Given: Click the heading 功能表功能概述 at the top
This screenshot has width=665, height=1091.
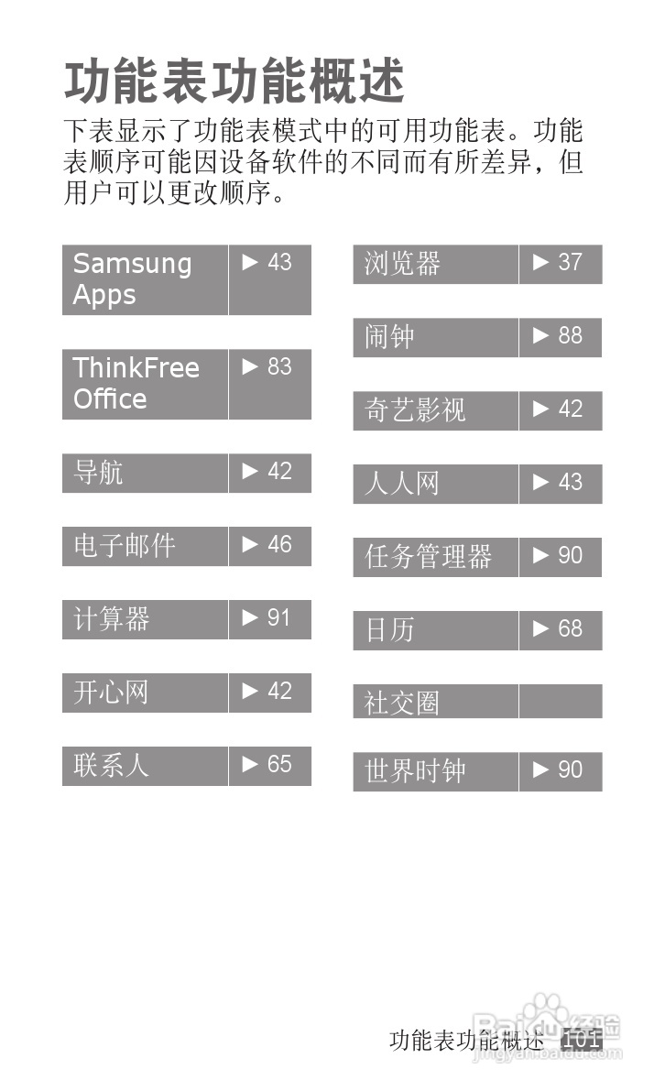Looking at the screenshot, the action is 234,82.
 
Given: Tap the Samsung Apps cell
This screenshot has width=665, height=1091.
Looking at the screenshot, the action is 133,279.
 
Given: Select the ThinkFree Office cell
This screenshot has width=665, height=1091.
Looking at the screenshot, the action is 136,384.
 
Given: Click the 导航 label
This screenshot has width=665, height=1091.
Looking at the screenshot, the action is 98,473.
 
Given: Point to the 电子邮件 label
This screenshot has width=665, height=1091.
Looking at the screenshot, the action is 124,546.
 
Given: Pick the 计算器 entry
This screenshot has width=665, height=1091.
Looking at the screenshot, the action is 111,619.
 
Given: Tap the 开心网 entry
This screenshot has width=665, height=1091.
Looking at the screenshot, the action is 111,693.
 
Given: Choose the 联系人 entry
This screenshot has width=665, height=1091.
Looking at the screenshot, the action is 111,766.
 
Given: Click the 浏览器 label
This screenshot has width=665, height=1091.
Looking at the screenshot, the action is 402,264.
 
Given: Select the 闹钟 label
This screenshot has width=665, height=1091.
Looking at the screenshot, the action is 389,337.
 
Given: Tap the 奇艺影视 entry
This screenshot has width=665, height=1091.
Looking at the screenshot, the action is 415,410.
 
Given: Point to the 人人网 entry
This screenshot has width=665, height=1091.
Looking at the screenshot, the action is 402,484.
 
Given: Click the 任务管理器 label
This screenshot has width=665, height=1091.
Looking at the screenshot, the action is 428,557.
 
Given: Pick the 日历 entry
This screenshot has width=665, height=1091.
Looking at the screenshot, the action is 389,630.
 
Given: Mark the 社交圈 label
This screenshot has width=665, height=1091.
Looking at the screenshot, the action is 402,703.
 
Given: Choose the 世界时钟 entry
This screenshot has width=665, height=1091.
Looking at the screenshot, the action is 415,771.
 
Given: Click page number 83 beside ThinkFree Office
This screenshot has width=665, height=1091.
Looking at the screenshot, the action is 279,366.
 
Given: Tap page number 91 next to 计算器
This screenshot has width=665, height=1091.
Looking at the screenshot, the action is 278,617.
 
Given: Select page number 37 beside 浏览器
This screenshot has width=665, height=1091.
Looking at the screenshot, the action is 570,262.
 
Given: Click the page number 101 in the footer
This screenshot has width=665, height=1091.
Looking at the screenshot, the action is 581,1040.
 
